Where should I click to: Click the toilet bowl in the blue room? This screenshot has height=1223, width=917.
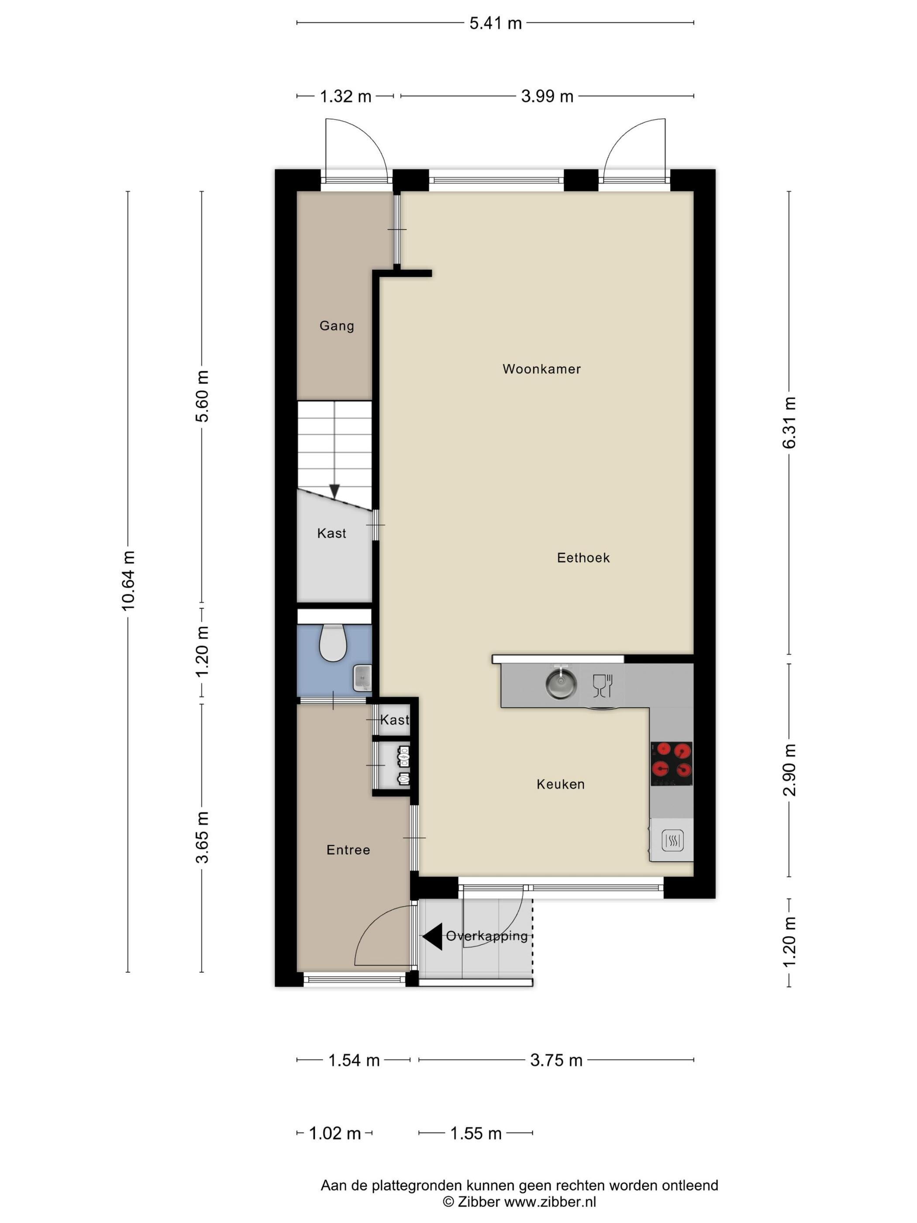pos(333,643)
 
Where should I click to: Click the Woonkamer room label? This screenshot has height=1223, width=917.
pos(541,369)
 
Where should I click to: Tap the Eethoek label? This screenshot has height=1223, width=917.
pos(583,557)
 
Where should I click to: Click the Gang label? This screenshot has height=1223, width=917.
pos(337,326)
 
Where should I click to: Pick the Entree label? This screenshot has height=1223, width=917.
pos(348,850)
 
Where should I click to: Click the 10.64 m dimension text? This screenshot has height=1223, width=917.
pos(128,580)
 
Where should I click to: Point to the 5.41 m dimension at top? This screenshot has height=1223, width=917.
pos(495,23)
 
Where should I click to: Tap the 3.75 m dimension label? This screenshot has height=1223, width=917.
pos(556,1061)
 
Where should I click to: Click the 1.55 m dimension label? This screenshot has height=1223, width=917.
pos(476,1133)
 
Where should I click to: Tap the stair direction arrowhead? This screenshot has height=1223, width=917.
pos(334,491)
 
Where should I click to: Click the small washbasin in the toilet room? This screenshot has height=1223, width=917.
pos(362,678)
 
